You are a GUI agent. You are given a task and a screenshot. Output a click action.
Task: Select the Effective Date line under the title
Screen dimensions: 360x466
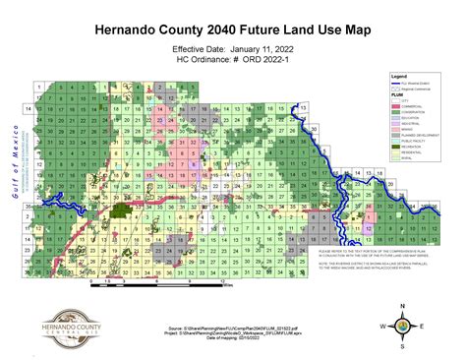click(232, 48)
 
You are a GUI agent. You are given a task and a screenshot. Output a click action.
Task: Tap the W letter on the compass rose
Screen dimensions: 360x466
click(382, 325)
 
